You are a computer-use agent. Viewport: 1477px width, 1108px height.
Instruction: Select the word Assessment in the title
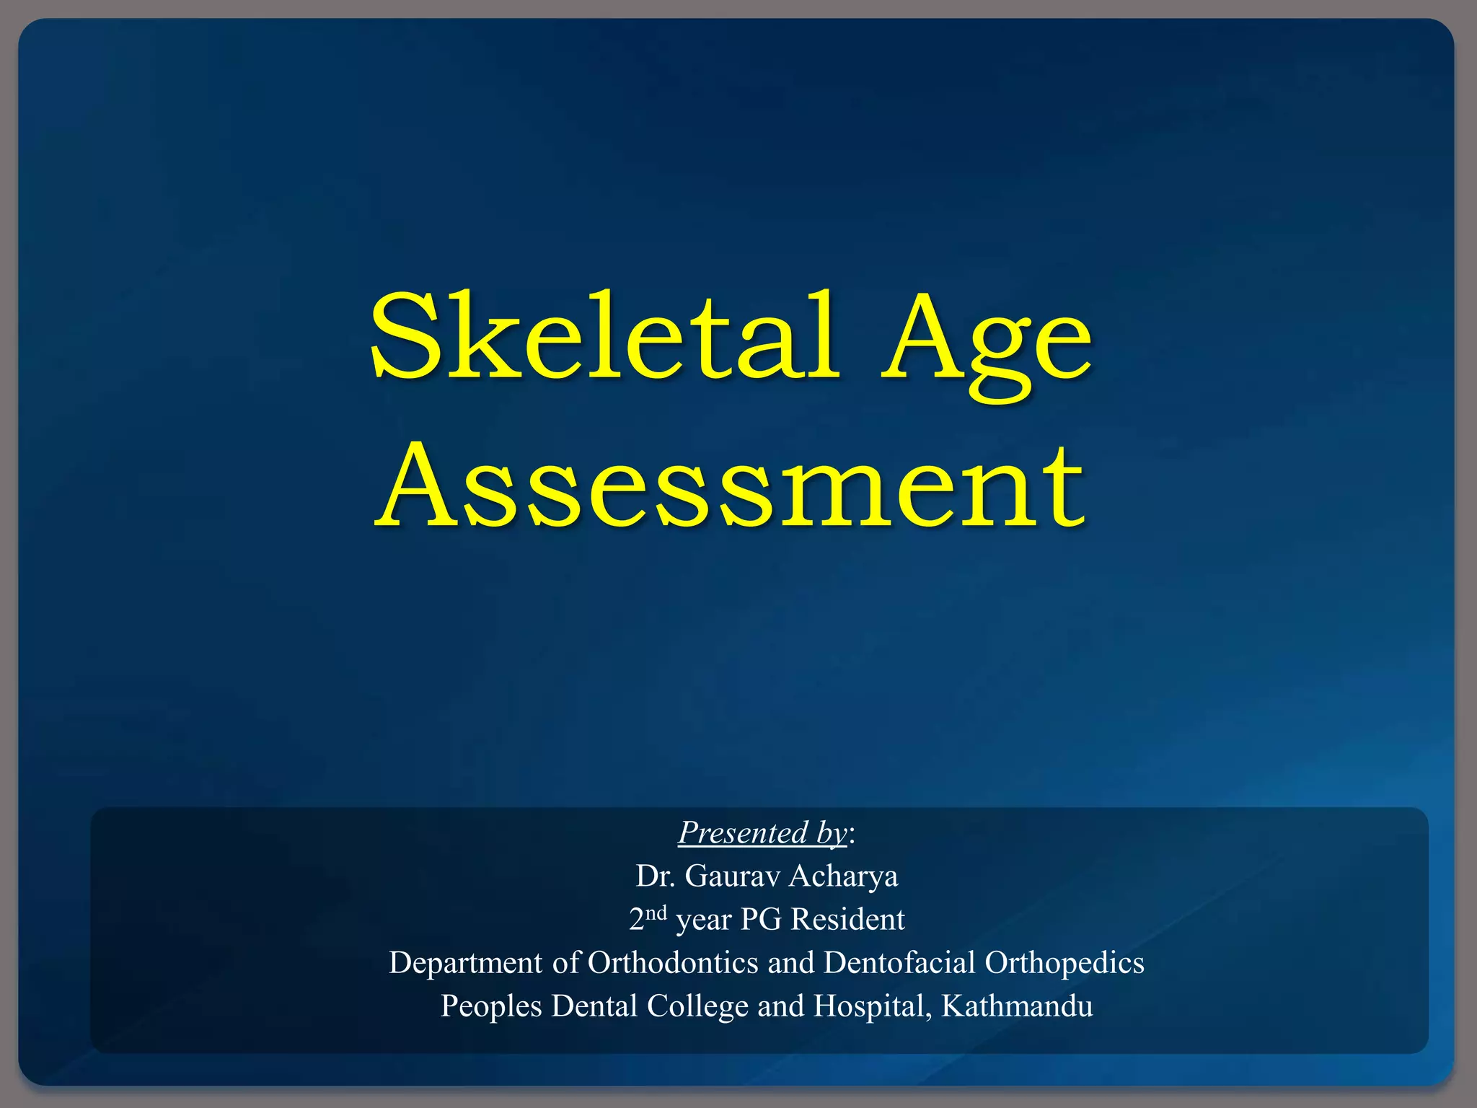pos(730,485)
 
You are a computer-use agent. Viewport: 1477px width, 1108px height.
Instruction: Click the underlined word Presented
pos(743,833)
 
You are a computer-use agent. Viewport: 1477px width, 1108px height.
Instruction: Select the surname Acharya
pos(844,876)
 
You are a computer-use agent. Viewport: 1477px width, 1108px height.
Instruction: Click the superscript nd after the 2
pos(656,913)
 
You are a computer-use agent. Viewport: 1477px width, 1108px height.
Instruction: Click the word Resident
pos(847,920)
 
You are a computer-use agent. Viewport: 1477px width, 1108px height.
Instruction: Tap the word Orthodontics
pos(674,963)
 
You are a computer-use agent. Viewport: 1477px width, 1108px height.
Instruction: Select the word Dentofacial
pos(900,963)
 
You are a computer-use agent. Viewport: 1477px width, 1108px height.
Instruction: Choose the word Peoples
pos(491,1007)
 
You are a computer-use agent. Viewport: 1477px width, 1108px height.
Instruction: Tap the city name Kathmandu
pos(1017,1006)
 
